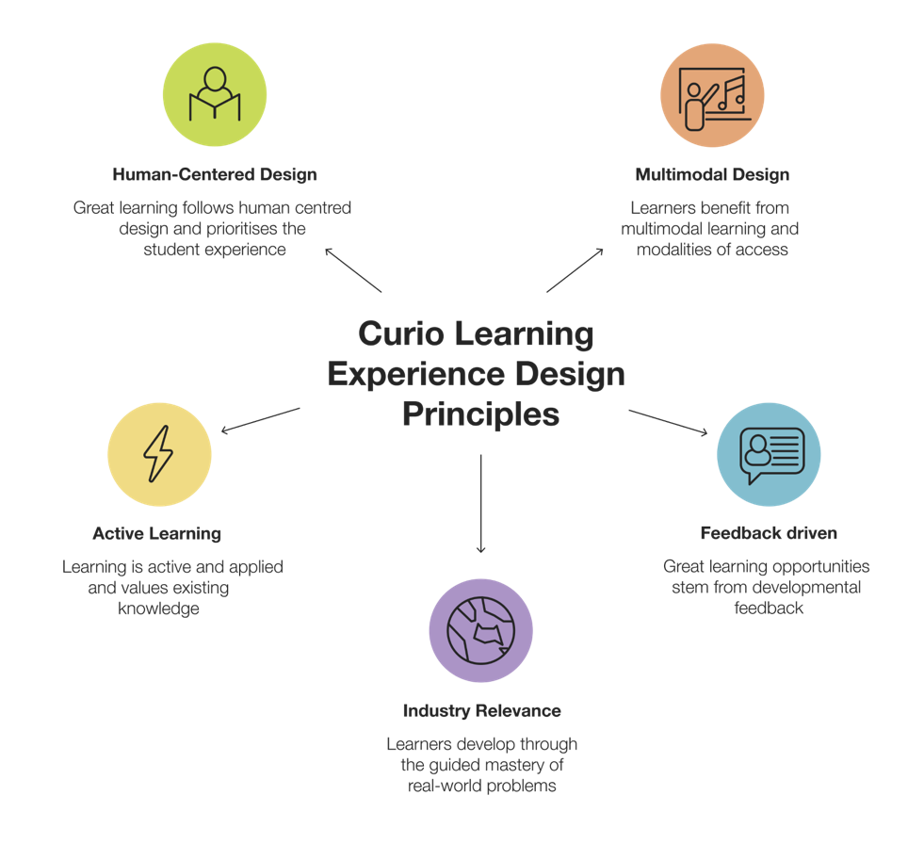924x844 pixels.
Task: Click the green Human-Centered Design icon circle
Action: tap(215, 94)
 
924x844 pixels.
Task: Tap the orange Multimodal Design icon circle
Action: tap(712, 95)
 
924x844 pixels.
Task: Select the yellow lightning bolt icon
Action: tap(159, 454)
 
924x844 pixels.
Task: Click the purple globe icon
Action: tap(481, 630)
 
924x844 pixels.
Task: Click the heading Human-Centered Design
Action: tap(215, 174)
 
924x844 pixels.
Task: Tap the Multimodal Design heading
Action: tap(712, 174)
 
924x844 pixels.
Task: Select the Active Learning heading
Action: tap(156, 533)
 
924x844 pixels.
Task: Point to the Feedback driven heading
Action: tap(769, 533)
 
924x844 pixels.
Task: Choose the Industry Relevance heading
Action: tap(482, 711)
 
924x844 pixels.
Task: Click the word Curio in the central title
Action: tap(401, 333)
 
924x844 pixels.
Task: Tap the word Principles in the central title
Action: tap(481, 414)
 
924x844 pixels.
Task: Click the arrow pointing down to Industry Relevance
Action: tap(481, 504)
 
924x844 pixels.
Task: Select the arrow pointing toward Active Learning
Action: tap(261, 420)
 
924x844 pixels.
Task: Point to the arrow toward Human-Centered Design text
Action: tap(353, 270)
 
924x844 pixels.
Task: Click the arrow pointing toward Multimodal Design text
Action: tap(575, 270)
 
